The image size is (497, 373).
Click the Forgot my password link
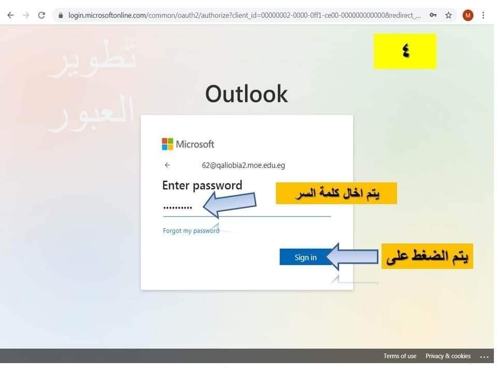click(191, 231)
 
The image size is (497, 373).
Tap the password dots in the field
click(178, 208)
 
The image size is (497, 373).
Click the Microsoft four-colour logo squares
click(167, 144)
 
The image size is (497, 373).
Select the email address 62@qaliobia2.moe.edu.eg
click(243, 165)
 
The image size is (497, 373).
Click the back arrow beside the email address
click(167, 165)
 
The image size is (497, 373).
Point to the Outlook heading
click(246, 94)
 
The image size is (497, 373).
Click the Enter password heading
click(202, 185)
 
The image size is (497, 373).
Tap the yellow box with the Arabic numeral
click(405, 51)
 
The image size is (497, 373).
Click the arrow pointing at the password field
click(229, 205)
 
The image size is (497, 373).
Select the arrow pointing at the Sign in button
click(352, 256)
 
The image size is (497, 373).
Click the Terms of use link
click(400, 356)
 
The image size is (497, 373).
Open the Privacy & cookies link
click(448, 356)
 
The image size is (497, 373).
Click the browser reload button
click(41, 15)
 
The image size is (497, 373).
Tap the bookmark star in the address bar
click(448, 15)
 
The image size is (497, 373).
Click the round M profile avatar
click(468, 15)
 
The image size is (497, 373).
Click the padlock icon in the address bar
click(61, 15)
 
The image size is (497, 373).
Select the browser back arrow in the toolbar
click(10, 15)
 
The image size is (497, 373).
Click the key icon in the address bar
click(433, 15)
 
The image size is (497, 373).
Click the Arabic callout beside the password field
click(337, 193)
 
